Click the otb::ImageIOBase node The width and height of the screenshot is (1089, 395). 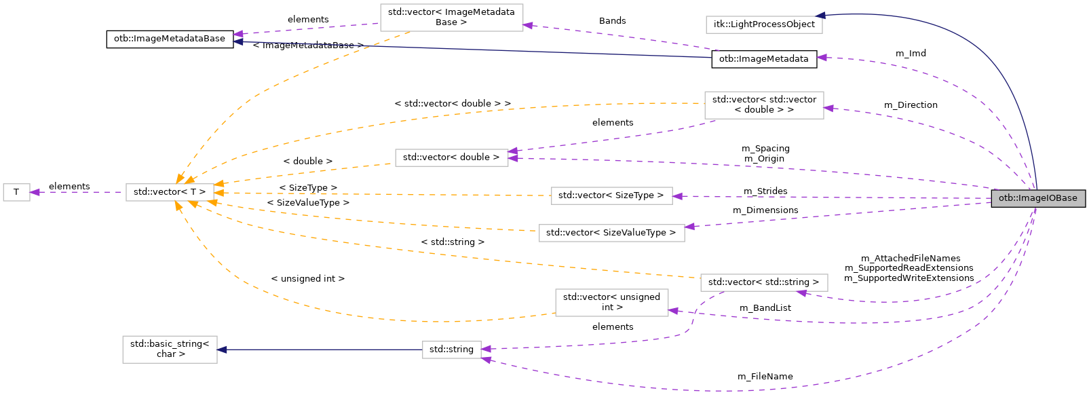pyautogui.click(x=1037, y=198)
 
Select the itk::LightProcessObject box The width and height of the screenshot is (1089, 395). pyautogui.click(x=764, y=24)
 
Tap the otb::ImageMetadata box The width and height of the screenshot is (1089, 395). pyautogui.click(x=763, y=59)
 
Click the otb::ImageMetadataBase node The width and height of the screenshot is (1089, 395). pyautogui.click(x=170, y=39)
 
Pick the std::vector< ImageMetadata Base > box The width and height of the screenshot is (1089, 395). pyautogui.click(x=451, y=17)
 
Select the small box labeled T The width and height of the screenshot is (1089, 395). pyautogui.click(x=16, y=192)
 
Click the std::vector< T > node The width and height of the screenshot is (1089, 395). pyautogui.click(x=170, y=192)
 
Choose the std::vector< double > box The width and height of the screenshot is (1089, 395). pyautogui.click(x=451, y=157)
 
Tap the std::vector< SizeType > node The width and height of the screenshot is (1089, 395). pyautogui.click(x=611, y=195)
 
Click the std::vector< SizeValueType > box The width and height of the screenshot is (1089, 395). pyautogui.click(x=611, y=233)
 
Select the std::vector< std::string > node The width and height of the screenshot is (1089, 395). pyautogui.click(x=763, y=282)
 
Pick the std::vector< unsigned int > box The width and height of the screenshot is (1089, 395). pyautogui.click(x=611, y=302)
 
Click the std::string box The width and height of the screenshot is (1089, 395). pyautogui.click(x=451, y=350)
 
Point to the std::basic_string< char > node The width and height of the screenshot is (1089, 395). pyautogui.click(x=170, y=349)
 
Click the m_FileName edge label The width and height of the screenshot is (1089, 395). pyautogui.click(x=765, y=377)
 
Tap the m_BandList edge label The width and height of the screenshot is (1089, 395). pyautogui.click(x=765, y=308)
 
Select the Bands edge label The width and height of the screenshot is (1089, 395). pyautogui.click(x=612, y=21)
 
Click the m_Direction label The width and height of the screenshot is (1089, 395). pyautogui.click(x=910, y=105)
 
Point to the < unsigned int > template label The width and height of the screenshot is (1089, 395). pyautogui.click(x=307, y=279)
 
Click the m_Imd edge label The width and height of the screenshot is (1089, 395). pyautogui.click(x=910, y=54)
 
